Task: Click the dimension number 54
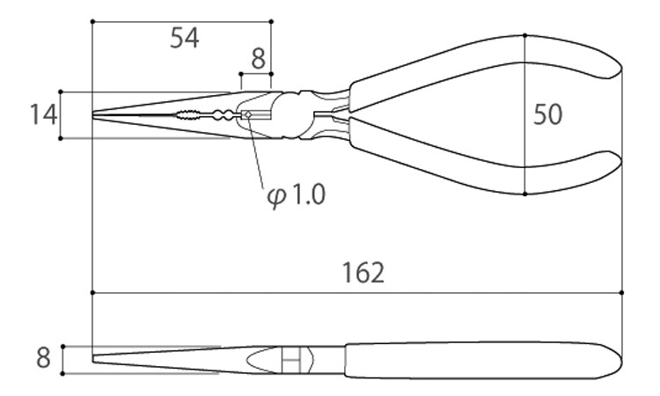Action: (x=185, y=38)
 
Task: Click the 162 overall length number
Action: (x=363, y=272)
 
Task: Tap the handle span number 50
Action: (x=547, y=114)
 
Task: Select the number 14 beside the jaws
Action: (x=43, y=114)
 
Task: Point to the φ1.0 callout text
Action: (x=297, y=195)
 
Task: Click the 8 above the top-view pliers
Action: (x=259, y=59)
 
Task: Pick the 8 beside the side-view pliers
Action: (x=43, y=358)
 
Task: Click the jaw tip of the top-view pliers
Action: (x=93, y=114)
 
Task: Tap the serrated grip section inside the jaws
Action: (x=187, y=114)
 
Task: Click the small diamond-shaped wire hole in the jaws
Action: (x=248, y=114)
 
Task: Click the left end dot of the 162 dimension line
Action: (x=92, y=292)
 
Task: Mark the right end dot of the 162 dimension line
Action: (x=621, y=292)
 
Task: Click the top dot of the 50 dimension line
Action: (x=524, y=35)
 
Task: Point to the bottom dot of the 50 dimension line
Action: (x=524, y=194)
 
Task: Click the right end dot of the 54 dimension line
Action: (x=271, y=21)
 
